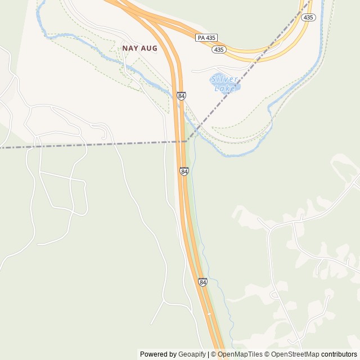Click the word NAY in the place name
click(x=130, y=48)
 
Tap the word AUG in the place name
click(x=149, y=48)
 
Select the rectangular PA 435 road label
click(x=206, y=38)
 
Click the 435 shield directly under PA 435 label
click(x=219, y=49)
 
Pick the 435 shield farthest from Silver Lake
click(x=308, y=17)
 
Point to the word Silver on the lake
click(x=223, y=79)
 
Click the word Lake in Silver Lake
click(x=225, y=88)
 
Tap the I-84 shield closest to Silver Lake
click(x=181, y=96)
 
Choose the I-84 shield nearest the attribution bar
click(x=202, y=281)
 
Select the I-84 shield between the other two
click(x=184, y=171)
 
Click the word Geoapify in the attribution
click(x=192, y=354)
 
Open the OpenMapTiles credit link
click(x=240, y=354)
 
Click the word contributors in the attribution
click(x=339, y=354)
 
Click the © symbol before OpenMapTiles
click(x=214, y=354)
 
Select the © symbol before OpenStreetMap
click(x=268, y=354)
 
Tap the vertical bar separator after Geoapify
click(x=209, y=354)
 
